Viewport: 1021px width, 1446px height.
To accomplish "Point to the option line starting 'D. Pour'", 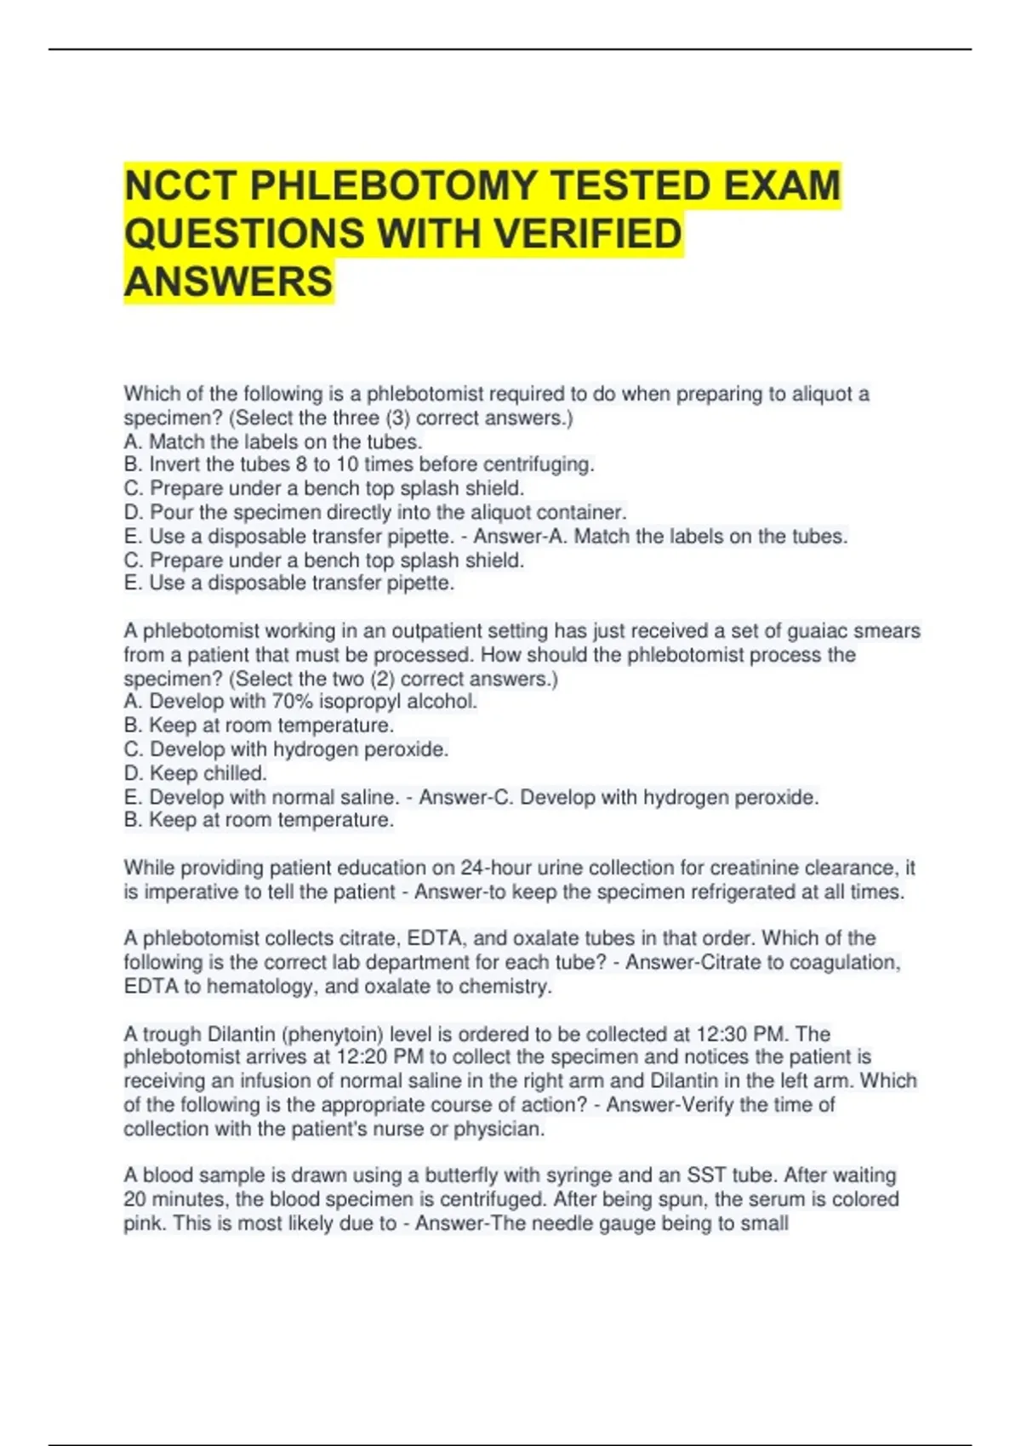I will click(x=374, y=512).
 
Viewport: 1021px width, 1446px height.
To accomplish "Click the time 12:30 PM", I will click(x=742, y=1034).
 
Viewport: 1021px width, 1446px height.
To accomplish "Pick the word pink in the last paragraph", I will click(x=142, y=1224).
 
